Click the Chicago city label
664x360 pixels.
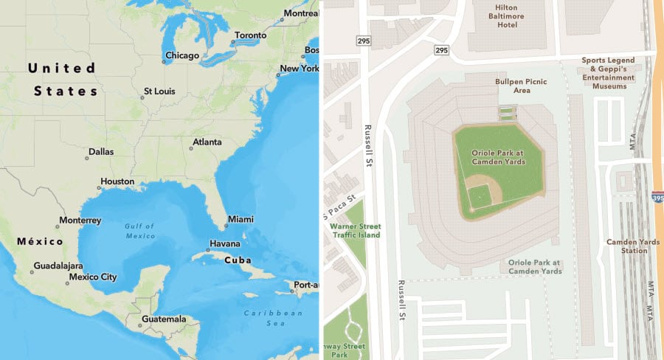click(181, 55)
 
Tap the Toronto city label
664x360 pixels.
click(250, 35)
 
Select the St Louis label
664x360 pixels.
click(159, 92)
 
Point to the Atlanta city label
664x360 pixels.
click(207, 142)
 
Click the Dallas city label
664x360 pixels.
click(101, 152)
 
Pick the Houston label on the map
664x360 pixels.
click(117, 181)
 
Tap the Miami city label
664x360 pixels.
click(241, 219)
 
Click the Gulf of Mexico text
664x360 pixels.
click(139, 231)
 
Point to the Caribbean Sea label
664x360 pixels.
click(274, 318)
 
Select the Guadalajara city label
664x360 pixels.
click(58, 266)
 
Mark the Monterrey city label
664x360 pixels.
click(80, 221)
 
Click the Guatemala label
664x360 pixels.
click(163, 319)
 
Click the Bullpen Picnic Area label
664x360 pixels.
click(522, 86)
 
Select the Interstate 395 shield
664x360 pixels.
click(657, 197)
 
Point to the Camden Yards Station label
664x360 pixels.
click(626, 246)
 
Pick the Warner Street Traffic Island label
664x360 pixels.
click(354, 229)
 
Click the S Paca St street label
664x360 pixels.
click(340, 206)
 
